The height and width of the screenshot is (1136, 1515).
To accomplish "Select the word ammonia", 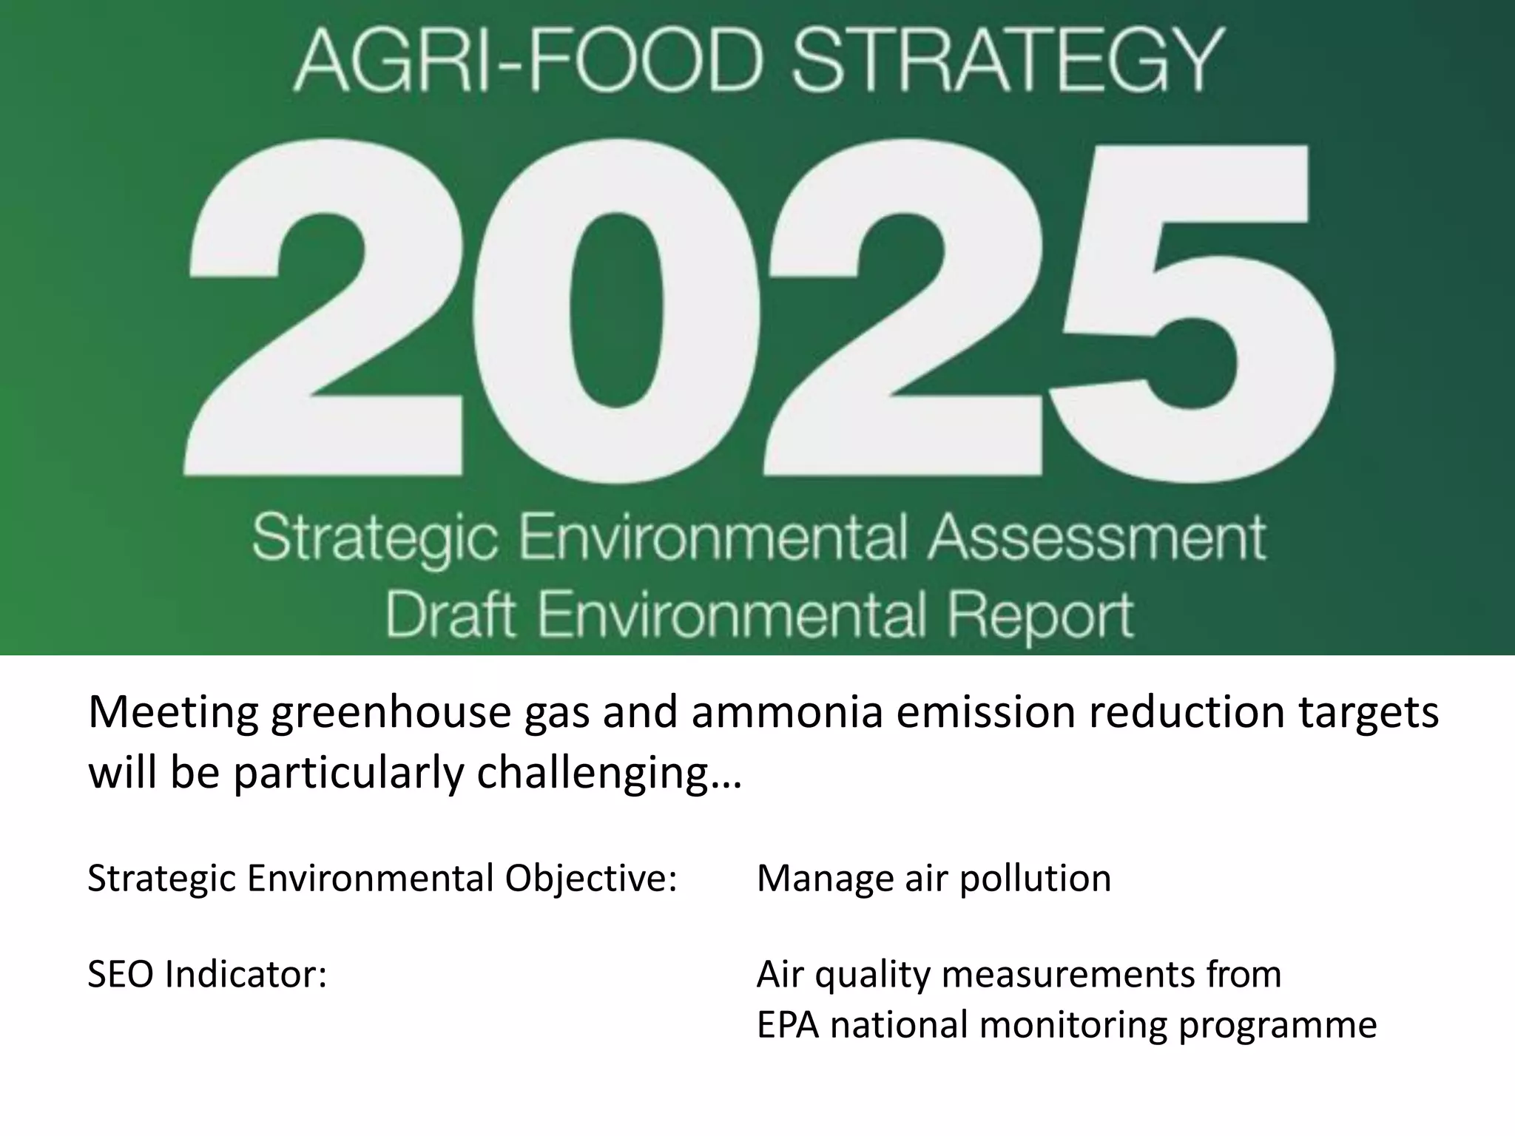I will click(788, 713).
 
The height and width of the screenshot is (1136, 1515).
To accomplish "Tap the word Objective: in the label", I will click(591, 879).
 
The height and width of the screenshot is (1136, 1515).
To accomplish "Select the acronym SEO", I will click(121, 975).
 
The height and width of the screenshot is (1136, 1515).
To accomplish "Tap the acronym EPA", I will click(788, 1025).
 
